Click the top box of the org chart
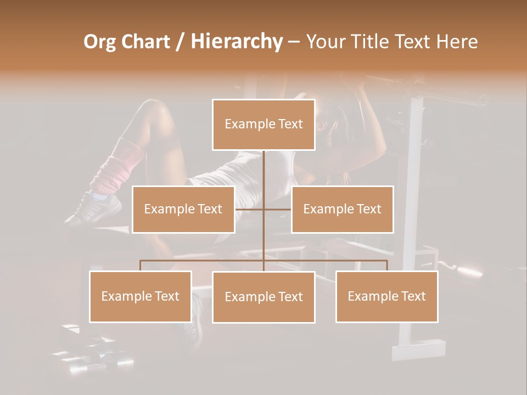click(x=263, y=125)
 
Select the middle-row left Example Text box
click(x=183, y=209)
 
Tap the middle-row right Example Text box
click(x=342, y=209)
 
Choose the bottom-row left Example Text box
click(x=141, y=296)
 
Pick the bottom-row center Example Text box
click(x=263, y=297)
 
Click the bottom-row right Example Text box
click(x=386, y=296)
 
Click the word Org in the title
click(x=99, y=42)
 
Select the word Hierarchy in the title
click(x=237, y=42)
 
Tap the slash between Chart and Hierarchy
click(x=181, y=42)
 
